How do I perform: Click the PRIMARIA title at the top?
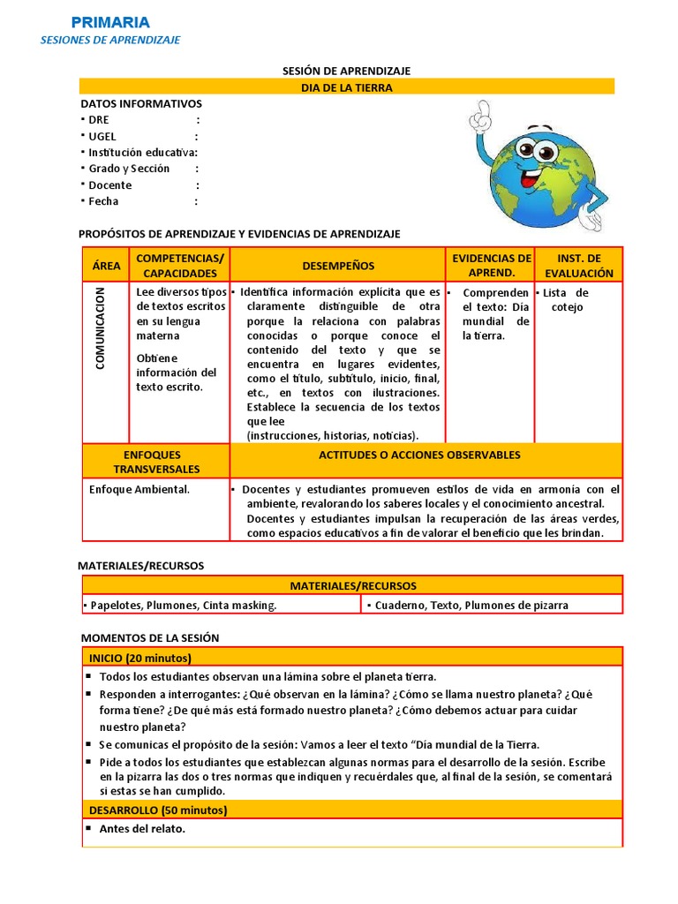(110, 22)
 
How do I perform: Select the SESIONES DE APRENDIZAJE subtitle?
(110, 40)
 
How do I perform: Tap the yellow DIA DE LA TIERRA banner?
(347, 87)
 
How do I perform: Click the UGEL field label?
(102, 136)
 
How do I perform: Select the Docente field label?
(109, 185)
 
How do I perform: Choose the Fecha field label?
(103, 201)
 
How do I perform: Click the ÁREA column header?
(106, 266)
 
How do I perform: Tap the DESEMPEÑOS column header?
(337, 266)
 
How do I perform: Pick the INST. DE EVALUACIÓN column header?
(578, 266)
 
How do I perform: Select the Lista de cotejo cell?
(568, 300)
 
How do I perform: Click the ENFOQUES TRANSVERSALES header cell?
(156, 462)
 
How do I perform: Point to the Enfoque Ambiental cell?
(139, 489)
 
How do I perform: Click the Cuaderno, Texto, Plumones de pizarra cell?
(471, 605)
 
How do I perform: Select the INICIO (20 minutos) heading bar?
(140, 658)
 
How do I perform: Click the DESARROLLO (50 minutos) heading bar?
(158, 810)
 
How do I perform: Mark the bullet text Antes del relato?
(142, 829)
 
